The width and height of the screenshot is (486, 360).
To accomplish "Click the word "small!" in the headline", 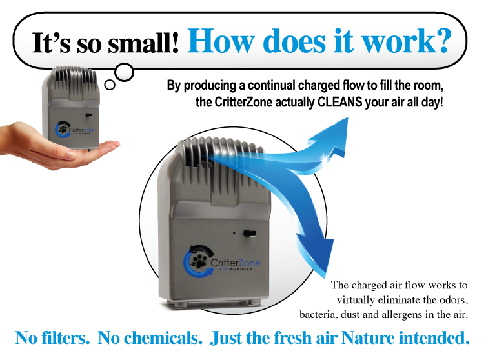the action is point(143,43).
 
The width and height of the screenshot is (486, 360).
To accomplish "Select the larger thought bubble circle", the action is point(124,72).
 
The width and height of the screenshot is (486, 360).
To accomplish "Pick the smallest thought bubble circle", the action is point(110,85).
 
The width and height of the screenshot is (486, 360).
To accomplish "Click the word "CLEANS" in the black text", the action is point(340,102).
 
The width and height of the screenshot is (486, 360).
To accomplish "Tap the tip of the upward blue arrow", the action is point(348,117).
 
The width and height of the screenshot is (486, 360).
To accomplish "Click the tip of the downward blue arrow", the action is point(326,277).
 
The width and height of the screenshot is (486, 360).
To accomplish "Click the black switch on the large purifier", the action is point(249,233).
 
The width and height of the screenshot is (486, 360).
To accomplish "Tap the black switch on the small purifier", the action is point(88,115).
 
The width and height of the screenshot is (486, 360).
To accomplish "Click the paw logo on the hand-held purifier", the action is point(62,130).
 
